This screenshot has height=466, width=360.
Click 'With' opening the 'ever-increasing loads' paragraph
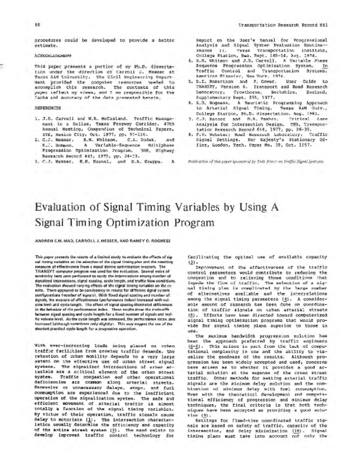25,346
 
